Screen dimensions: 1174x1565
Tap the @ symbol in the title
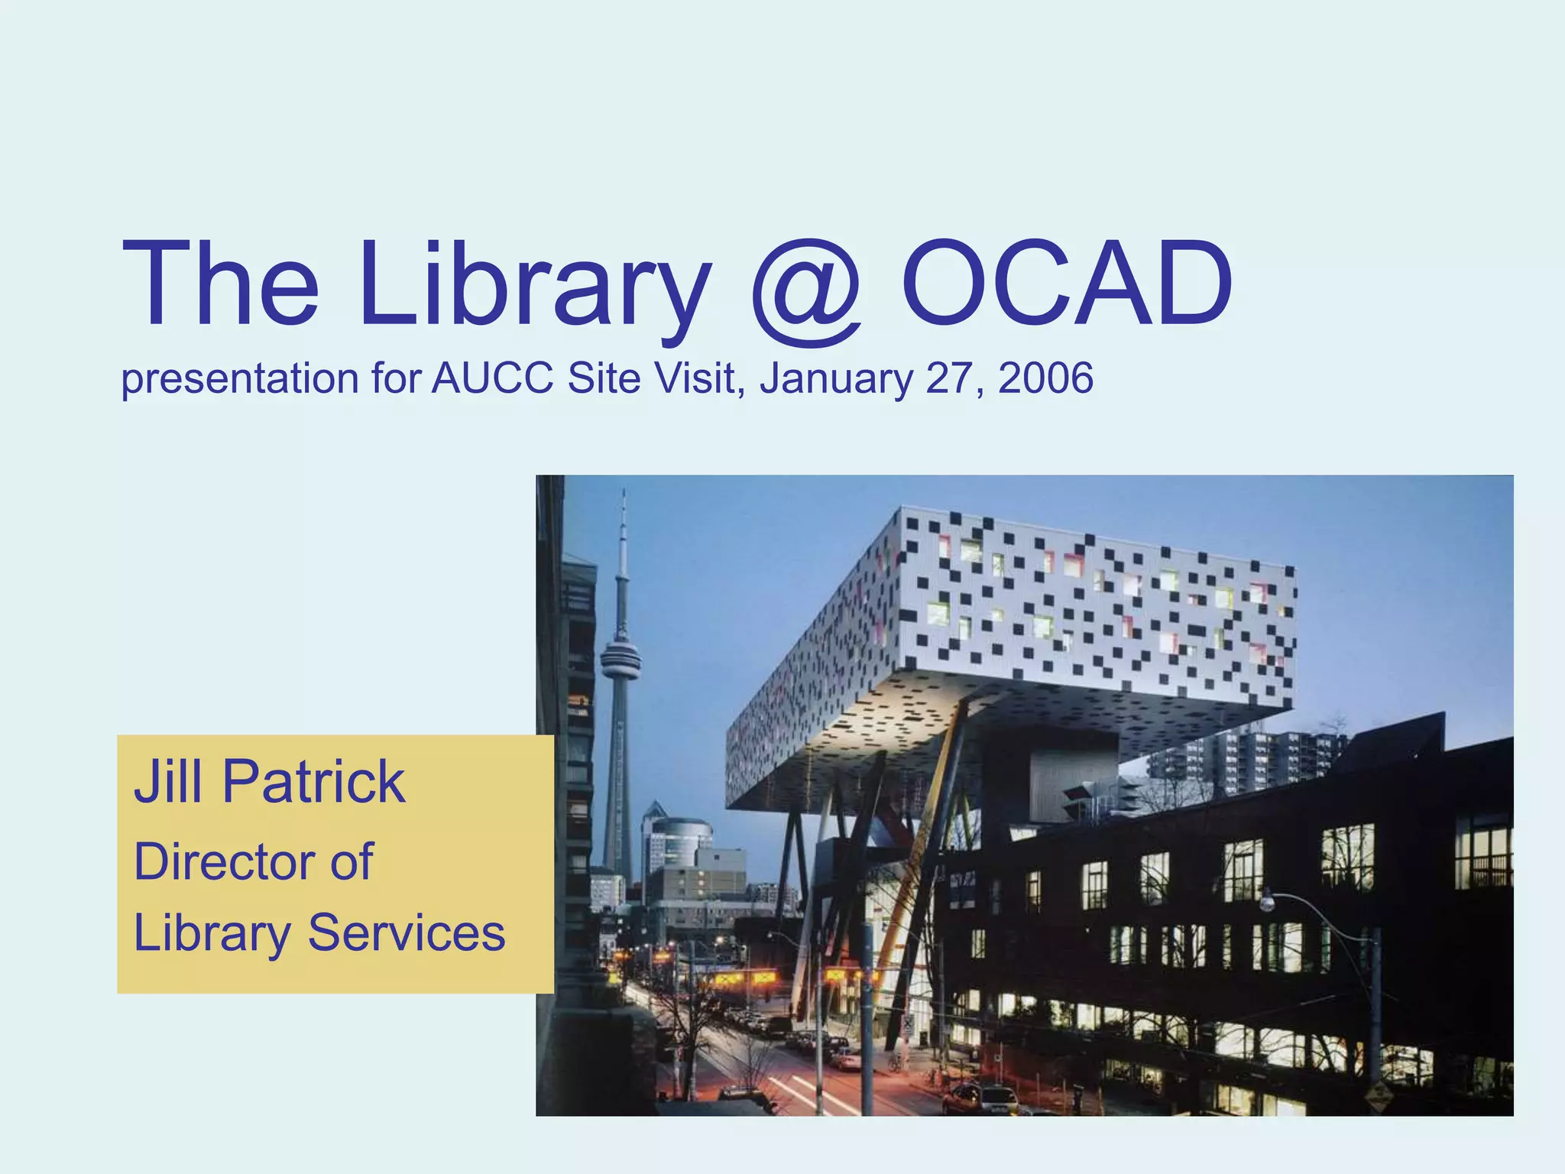click(807, 290)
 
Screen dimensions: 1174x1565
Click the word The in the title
click(220, 284)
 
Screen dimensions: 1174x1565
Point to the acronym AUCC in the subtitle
click(493, 378)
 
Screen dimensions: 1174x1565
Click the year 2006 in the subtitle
click(1045, 378)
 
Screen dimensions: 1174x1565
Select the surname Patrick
click(313, 782)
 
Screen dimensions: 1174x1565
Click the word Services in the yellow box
click(406, 933)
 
